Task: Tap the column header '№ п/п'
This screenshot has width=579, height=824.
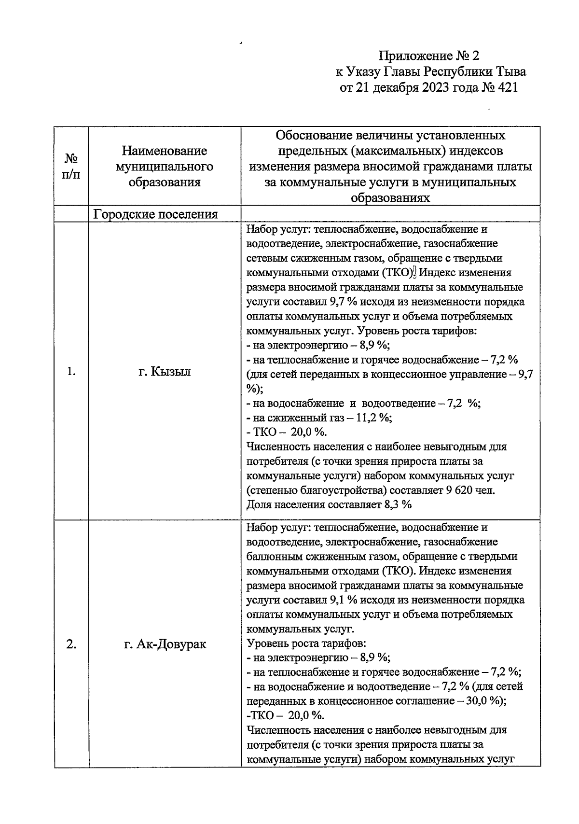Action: click(x=71, y=166)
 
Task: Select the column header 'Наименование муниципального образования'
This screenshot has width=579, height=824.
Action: click(x=164, y=167)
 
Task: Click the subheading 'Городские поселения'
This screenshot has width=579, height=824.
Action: click(x=155, y=214)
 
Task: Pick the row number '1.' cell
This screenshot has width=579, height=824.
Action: click(x=71, y=371)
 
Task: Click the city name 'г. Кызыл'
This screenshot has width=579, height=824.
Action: click(x=164, y=372)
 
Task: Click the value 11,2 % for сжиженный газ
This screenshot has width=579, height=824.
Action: click(x=373, y=418)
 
